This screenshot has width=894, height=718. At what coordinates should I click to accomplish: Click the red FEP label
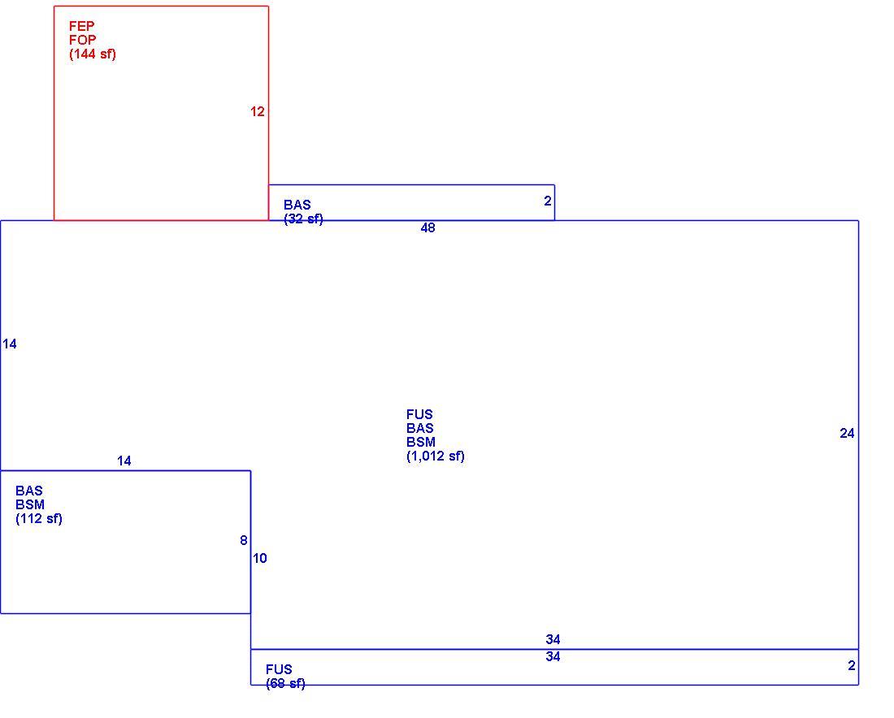point(81,26)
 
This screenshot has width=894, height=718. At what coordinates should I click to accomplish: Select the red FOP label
point(83,40)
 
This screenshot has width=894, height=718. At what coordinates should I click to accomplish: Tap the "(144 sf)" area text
point(93,54)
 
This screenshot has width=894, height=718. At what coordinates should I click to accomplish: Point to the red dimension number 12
point(258,112)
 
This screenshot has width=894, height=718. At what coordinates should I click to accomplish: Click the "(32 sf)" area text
point(303,218)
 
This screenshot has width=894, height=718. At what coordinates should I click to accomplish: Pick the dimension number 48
point(427,228)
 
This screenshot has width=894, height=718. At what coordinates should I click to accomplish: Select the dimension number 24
point(847,434)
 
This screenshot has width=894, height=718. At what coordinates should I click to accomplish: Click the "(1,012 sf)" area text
point(436,456)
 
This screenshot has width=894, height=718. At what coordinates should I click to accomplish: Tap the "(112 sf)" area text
point(39,518)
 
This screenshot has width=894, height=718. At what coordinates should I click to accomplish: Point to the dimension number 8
point(244,540)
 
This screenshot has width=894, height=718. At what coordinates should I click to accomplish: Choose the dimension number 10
point(260,559)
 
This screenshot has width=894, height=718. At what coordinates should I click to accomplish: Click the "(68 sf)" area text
point(285,683)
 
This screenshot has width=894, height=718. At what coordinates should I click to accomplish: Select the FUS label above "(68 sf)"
point(279,669)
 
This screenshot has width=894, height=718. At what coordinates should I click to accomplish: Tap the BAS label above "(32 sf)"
point(297,205)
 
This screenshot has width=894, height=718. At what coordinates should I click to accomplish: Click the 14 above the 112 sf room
point(124,461)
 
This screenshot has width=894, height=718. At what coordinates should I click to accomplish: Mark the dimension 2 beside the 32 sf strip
point(548,201)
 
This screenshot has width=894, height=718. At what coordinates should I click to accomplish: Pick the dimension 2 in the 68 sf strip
point(852,665)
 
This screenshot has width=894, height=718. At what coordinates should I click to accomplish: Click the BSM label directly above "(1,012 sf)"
point(421,442)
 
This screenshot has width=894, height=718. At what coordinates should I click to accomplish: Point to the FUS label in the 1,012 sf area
point(419,415)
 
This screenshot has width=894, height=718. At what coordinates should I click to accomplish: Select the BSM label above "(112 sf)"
point(30,505)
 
